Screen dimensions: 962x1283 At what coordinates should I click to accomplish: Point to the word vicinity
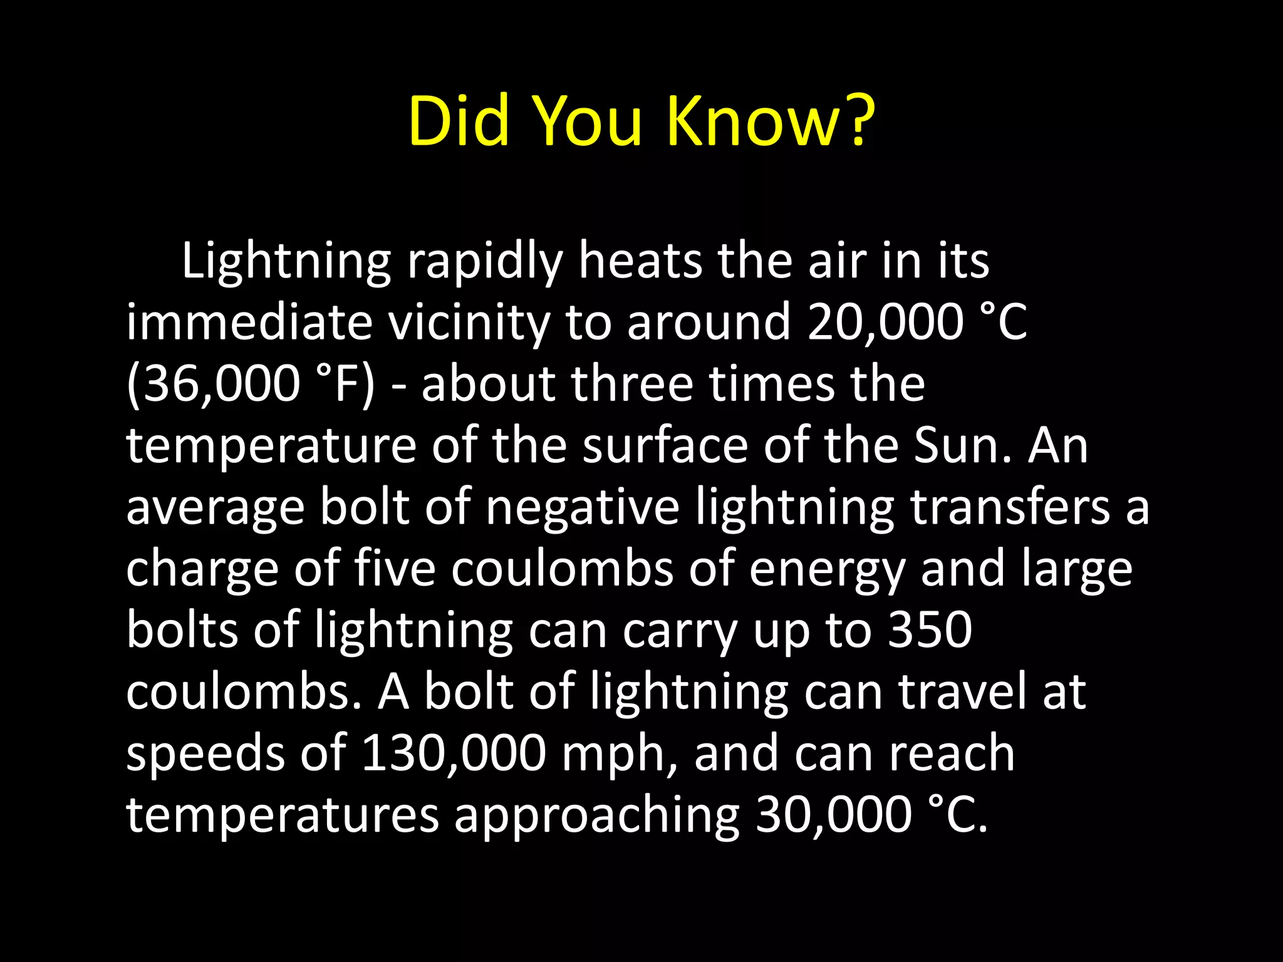click(x=468, y=323)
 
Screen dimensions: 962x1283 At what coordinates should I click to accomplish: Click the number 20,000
click(x=885, y=323)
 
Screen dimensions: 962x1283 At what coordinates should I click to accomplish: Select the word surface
click(x=665, y=445)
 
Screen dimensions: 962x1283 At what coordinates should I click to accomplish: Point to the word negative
click(x=583, y=507)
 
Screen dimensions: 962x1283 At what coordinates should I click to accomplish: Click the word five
click(x=394, y=568)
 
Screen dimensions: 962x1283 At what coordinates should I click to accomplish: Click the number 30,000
click(x=833, y=814)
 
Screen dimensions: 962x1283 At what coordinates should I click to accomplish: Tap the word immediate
click(x=249, y=323)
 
